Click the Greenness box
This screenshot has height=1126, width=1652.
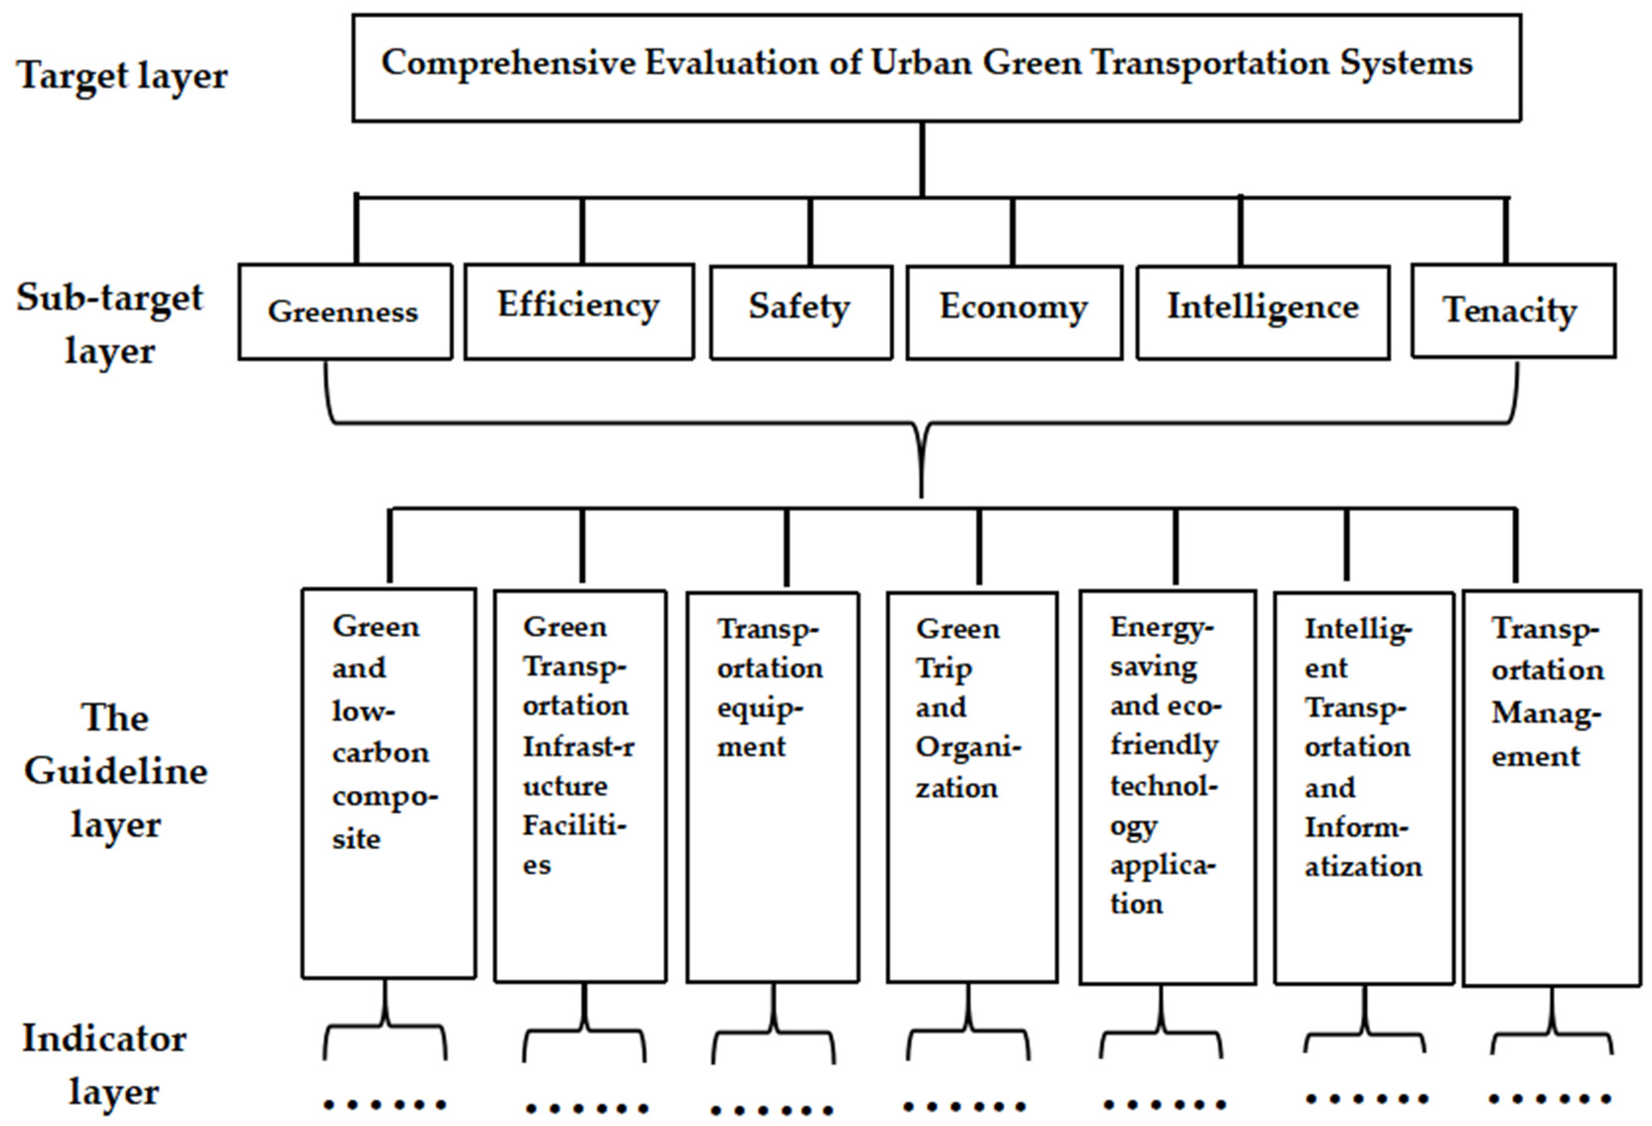coord(345,311)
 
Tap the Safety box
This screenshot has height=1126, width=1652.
coord(800,311)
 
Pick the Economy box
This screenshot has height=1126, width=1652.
coord(1014,311)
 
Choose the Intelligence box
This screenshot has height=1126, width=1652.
coord(1263,311)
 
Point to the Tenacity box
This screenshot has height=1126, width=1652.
coord(1513,310)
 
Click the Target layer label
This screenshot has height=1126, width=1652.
coord(122,75)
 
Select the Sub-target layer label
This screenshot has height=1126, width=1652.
coord(110,323)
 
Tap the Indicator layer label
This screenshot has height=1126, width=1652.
coord(105,1064)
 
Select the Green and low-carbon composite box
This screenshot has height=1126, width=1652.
coord(389,782)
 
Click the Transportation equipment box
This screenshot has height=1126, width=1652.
coord(773,786)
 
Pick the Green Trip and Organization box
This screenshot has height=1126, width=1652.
coord(972,786)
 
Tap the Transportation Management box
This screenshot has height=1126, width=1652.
coord(1552,786)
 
